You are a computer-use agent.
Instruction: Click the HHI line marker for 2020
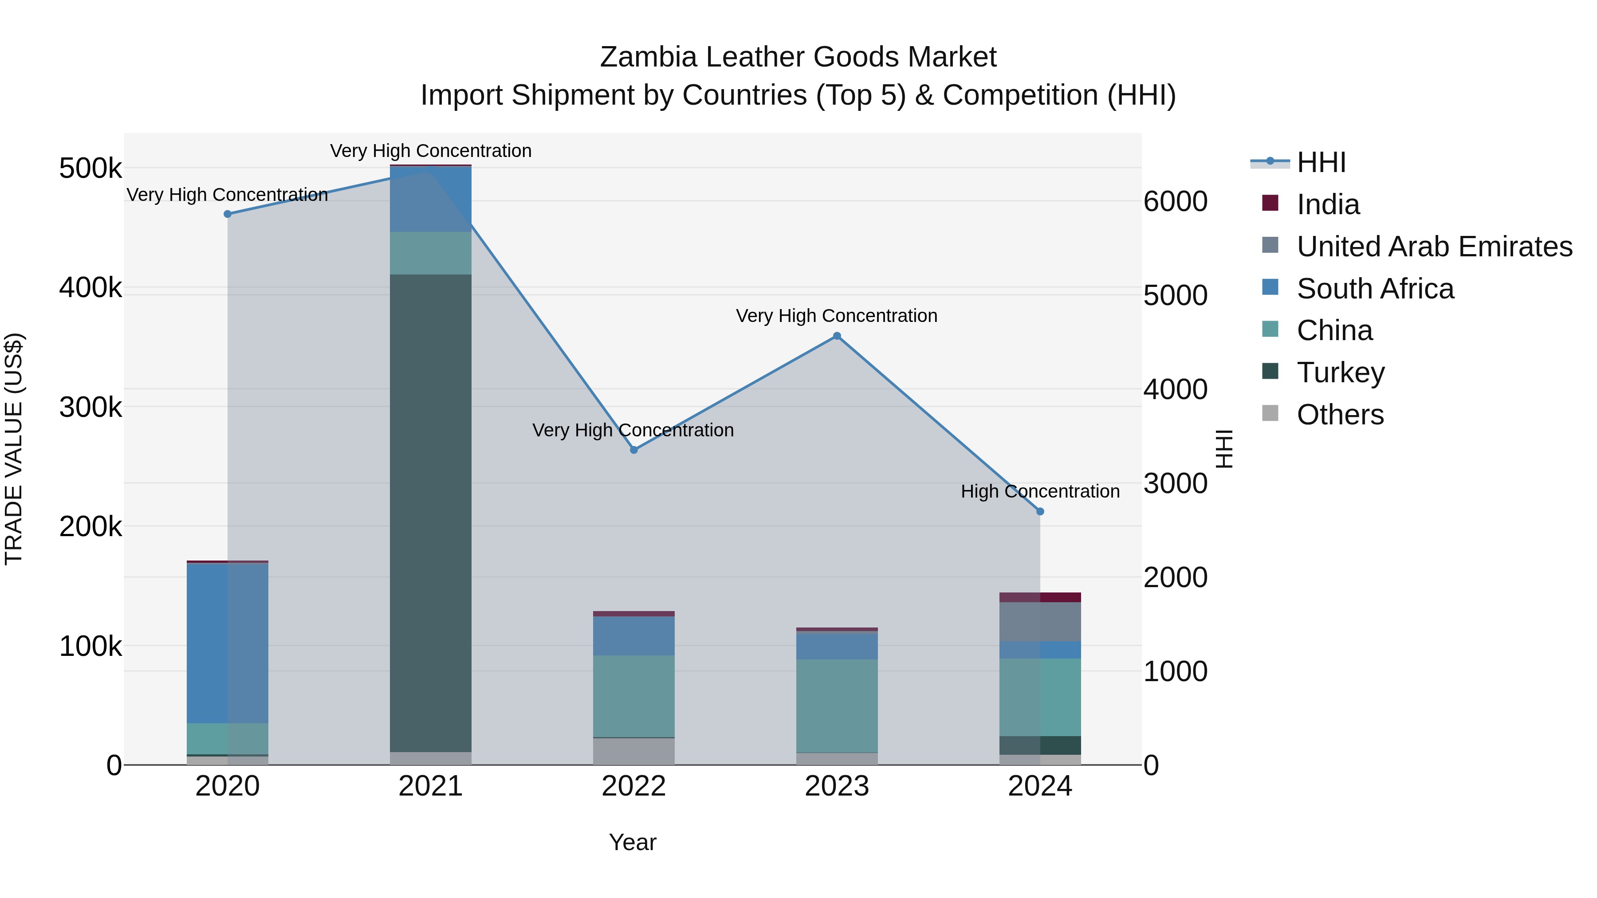pyautogui.click(x=228, y=214)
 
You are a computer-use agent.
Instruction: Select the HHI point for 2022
pyautogui.click(x=633, y=450)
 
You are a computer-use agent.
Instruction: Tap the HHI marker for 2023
pyautogui.click(x=837, y=336)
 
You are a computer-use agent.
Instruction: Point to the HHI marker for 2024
pyautogui.click(x=1040, y=511)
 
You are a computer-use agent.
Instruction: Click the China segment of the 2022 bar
pyautogui.click(x=633, y=695)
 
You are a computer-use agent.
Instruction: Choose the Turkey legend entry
pyautogui.click(x=1340, y=373)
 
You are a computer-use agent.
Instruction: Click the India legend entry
pyautogui.click(x=1328, y=204)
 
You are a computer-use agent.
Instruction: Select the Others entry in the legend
pyautogui.click(x=1340, y=415)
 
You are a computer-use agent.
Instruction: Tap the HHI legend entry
pyautogui.click(x=1321, y=162)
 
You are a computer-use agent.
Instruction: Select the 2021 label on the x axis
pyautogui.click(x=431, y=786)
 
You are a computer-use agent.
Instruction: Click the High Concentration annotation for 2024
pyautogui.click(x=1040, y=491)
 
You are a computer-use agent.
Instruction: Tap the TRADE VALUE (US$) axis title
pyautogui.click(x=14, y=449)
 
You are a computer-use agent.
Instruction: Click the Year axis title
pyautogui.click(x=632, y=842)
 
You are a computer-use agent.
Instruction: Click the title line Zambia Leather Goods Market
pyautogui.click(x=798, y=57)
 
